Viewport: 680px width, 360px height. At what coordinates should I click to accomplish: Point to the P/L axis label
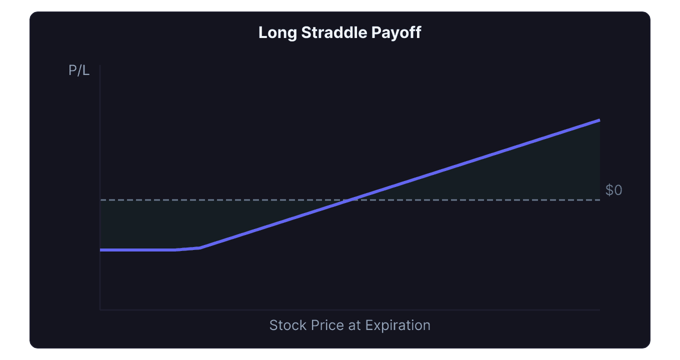[79, 71]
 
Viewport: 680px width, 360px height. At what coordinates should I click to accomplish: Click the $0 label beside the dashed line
[613, 190]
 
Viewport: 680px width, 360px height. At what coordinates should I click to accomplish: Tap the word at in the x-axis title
[355, 325]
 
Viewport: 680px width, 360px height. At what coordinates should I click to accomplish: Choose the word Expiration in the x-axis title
[398, 325]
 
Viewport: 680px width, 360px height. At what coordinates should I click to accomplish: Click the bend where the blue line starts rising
[199, 247]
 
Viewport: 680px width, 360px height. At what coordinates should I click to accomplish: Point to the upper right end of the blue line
[599, 120]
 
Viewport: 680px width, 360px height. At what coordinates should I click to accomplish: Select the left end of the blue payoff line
[101, 249]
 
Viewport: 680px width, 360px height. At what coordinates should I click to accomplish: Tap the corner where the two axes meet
[100, 309]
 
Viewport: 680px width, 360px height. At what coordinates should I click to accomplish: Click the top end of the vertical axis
[100, 65]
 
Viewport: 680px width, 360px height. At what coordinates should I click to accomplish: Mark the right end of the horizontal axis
[599, 309]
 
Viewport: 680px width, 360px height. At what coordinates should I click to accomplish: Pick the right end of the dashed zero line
[599, 200]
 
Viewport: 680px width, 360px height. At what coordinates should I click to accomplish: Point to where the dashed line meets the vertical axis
[100, 200]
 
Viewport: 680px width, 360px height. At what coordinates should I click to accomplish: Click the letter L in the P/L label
[86, 71]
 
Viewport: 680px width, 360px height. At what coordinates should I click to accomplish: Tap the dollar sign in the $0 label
[609, 190]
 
